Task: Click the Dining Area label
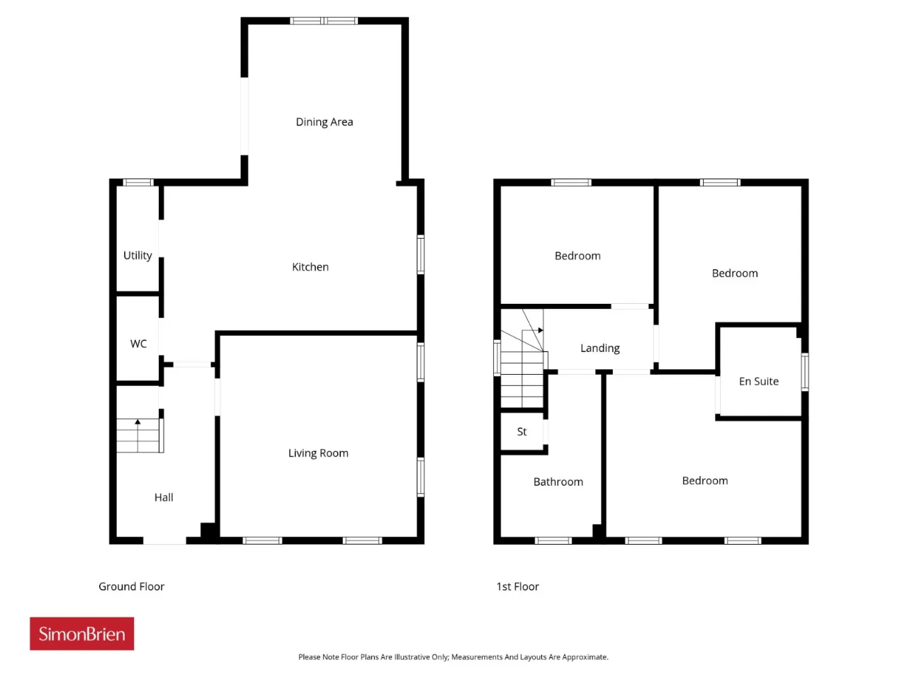click(325, 122)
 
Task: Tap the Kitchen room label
click(310, 267)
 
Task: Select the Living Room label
click(318, 453)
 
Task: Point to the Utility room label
click(137, 256)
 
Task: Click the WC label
click(138, 344)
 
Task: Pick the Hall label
click(164, 497)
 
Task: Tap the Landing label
click(600, 348)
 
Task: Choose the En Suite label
click(759, 381)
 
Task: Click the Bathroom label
click(558, 482)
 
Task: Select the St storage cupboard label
click(522, 431)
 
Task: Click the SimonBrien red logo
click(81, 634)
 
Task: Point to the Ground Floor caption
click(131, 586)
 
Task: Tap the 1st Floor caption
click(518, 586)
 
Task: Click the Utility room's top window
click(138, 183)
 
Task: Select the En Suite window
click(805, 372)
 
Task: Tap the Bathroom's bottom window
click(553, 540)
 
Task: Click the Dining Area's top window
click(324, 21)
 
